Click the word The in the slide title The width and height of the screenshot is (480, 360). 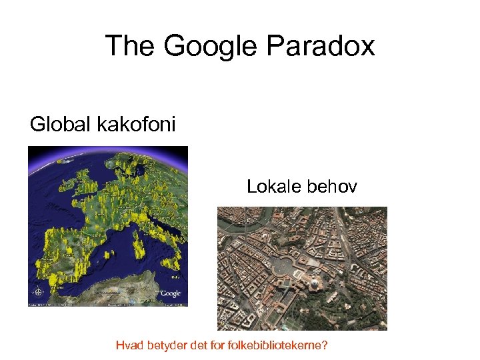pyautogui.click(x=130, y=46)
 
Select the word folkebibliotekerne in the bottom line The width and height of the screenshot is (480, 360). pyautogui.click(x=273, y=345)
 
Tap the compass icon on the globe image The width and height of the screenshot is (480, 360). pyautogui.click(x=39, y=291)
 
